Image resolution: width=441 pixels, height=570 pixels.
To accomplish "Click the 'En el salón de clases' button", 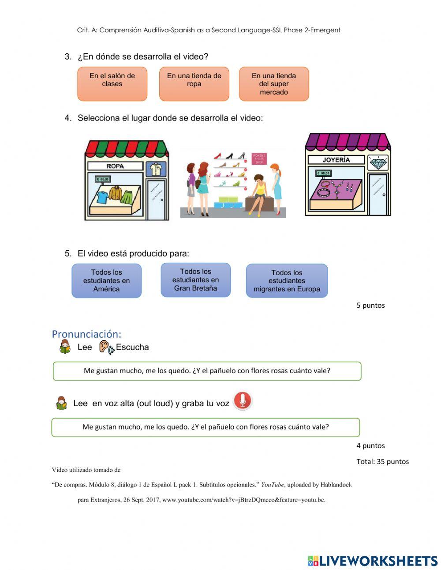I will [x=112, y=83].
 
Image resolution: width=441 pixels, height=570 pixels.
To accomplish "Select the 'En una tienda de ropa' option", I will [x=194, y=83].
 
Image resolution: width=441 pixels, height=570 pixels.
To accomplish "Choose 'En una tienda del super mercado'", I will [x=274, y=83].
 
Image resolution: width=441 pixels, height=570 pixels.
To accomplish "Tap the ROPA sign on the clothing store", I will [x=115, y=166].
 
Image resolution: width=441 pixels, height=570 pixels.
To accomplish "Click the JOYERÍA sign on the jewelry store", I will [x=336, y=160].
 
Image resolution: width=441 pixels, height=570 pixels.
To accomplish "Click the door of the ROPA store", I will [x=157, y=199].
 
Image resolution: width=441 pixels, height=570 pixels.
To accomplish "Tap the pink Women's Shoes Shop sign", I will [x=259, y=159].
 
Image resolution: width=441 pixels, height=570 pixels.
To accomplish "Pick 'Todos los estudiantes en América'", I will [x=107, y=280].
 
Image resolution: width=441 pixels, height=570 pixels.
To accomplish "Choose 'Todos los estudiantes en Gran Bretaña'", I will [x=196, y=280].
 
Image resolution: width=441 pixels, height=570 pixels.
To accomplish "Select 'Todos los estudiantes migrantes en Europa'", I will [x=287, y=281].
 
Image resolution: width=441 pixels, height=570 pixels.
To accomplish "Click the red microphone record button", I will [x=242, y=400].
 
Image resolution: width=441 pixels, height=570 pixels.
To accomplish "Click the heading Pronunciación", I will [x=86, y=334].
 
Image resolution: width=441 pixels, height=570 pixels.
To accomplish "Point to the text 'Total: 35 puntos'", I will [x=382, y=461].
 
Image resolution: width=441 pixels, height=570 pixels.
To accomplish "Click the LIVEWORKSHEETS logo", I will [x=373, y=561].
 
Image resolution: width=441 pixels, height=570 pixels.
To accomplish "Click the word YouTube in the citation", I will [x=272, y=484].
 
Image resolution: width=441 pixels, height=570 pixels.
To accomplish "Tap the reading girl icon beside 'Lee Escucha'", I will [x=65, y=347].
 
